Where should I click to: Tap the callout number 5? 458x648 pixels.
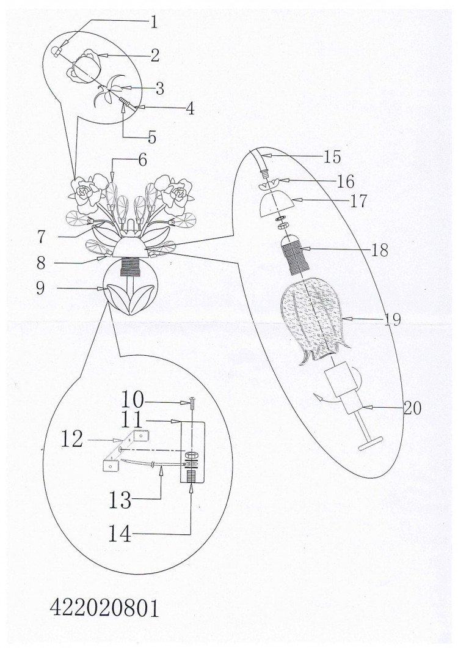click(x=152, y=137)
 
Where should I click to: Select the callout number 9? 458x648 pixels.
click(x=40, y=288)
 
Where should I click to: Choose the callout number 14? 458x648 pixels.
click(x=120, y=533)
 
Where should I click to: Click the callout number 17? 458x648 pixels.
click(x=358, y=201)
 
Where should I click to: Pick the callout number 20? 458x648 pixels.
click(x=412, y=408)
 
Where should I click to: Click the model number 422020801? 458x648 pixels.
click(x=104, y=608)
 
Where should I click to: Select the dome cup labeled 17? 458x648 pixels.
click(x=275, y=204)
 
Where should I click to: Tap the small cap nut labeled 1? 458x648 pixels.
click(x=56, y=51)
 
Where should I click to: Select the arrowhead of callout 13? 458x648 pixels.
click(x=161, y=469)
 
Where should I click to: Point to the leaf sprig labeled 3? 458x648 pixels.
click(x=108, y=92)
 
